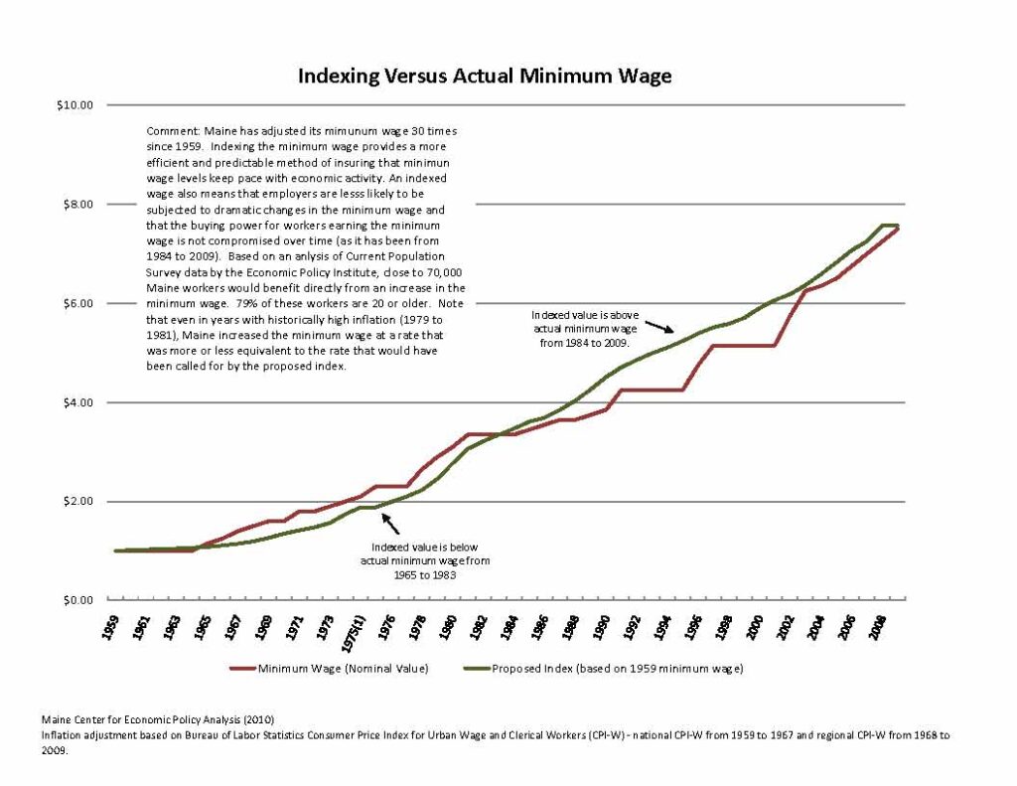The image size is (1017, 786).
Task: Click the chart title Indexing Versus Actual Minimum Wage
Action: (x=485, y=77)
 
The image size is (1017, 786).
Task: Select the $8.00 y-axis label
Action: (x=76, y=204)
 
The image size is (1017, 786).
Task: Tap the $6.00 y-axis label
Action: (x=76, y=303)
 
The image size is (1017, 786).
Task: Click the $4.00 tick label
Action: (x=76, y=402)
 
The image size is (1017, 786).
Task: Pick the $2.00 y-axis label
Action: (x=76, y=502)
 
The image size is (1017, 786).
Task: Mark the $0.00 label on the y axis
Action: (x=76, y=600)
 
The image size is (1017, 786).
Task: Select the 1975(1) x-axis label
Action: (x=359, y=633)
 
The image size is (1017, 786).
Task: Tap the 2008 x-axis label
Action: (x=877, y=627)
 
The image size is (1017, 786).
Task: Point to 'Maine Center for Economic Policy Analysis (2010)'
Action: (x=158, y=718)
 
